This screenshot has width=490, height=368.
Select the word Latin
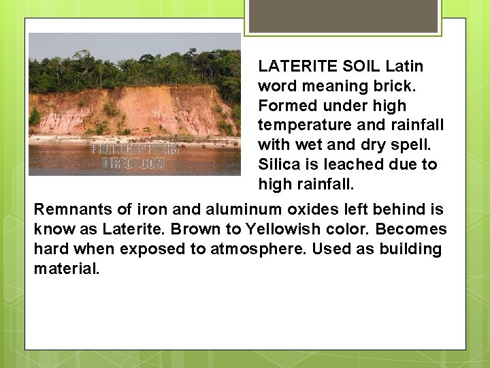point(404,67)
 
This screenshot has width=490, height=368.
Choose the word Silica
point(279,165)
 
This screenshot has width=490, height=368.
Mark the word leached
point(349,165)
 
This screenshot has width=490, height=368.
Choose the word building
point(410,249)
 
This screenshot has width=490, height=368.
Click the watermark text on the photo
point(135,156)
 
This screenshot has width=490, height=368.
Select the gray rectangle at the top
point(343,16)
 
